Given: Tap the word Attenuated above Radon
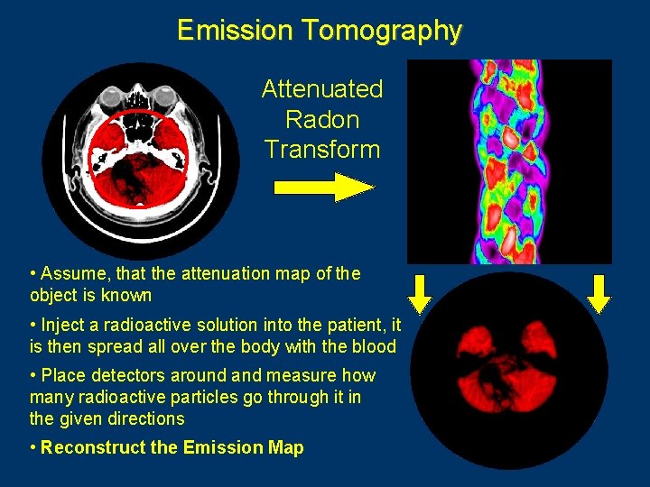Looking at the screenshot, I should tap(322, 89).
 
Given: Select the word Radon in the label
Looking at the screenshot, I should tap(322, 119).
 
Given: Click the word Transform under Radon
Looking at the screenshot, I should tap(322, 149).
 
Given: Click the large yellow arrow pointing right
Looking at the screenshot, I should tap(323, 188).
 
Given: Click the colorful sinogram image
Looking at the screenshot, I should tap(509, 162).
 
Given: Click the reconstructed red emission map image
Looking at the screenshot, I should tap(509, 370).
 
